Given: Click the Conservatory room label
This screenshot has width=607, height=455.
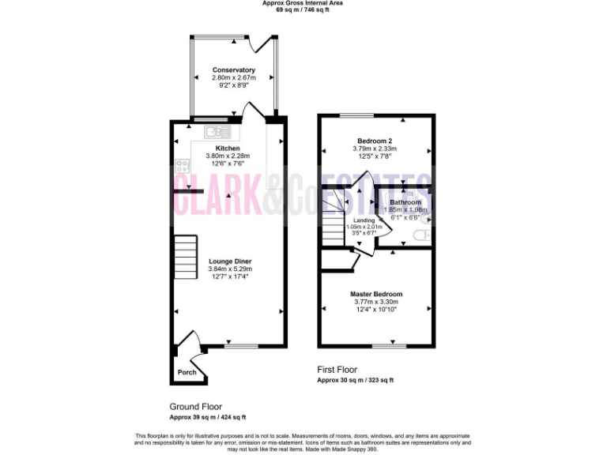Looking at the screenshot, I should tap(233, 70).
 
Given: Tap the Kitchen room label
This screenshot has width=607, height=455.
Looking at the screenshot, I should tap(228, 149).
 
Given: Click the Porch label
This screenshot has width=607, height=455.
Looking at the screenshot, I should tap(187, 373).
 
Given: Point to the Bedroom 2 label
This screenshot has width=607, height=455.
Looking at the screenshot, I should tap(375, 140).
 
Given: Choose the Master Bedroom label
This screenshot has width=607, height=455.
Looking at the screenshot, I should tap(376, 294).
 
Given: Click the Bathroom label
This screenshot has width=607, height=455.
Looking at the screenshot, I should tap(405, 202).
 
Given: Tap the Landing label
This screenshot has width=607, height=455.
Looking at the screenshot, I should tap(364, 220).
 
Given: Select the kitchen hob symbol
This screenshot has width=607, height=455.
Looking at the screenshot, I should tap(182, 166).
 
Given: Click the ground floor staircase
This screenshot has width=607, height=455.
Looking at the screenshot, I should tap(185, 257).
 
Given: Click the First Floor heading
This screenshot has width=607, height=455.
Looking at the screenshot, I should tap(337, 370).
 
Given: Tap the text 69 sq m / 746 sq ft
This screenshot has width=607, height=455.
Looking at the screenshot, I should tap(303, 10).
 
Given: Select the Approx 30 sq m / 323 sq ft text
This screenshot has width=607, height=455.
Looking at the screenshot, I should tap(355, 380).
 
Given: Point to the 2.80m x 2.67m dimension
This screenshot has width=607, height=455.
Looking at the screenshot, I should tap(233, 77).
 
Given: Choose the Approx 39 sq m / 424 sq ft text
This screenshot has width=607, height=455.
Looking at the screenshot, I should tap(208, 416).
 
